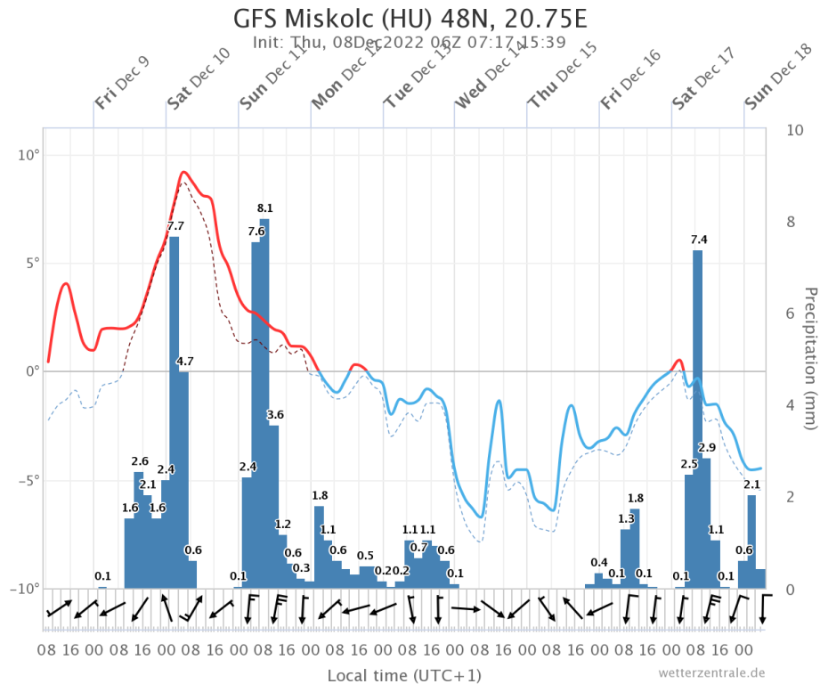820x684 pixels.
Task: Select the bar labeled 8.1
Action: coord(264,401)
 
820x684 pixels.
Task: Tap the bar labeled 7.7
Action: coord(175,410)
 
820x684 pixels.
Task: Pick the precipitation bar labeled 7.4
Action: coord(697,419)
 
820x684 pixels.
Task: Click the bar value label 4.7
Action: coord(184,361)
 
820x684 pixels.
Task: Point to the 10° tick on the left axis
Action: coord(28,156)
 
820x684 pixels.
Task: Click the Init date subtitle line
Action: coord(410,42)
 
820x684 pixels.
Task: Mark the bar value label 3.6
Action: coord(275,415)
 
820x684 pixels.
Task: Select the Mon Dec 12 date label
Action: coord(344,87)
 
